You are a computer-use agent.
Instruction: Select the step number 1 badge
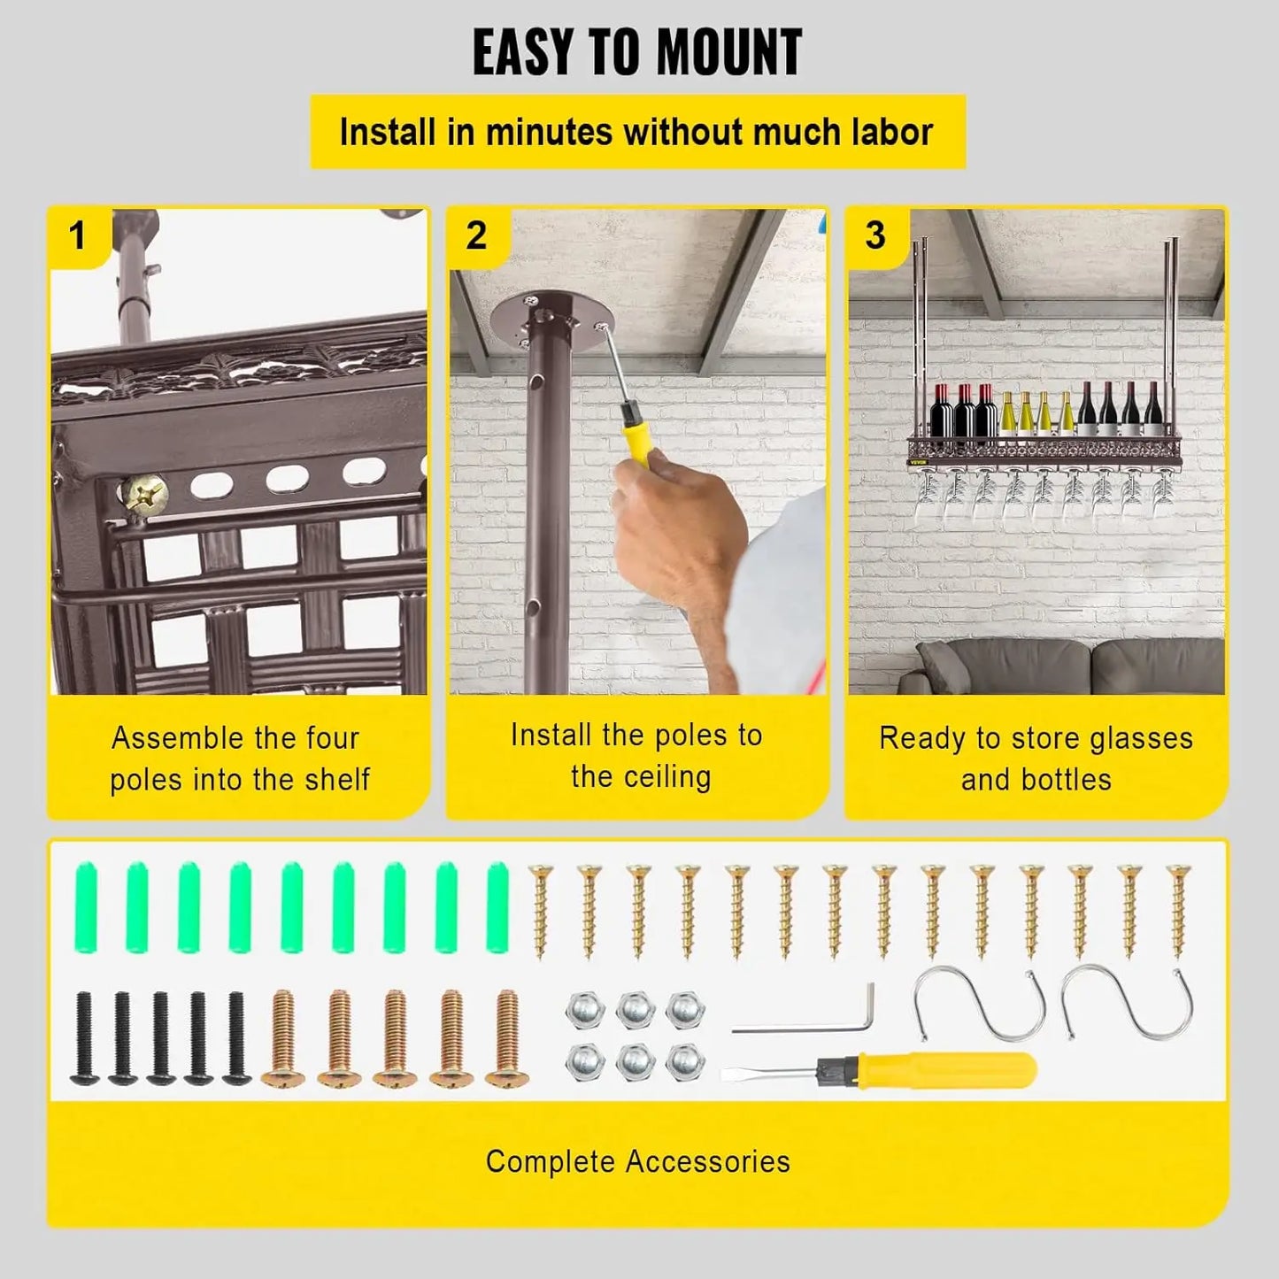(x=78, y=235)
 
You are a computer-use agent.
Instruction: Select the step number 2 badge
(x=476, y=235)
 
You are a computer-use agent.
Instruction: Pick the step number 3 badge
(x=874, y=235)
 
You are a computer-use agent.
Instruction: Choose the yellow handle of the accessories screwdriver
(x=947, y=1070)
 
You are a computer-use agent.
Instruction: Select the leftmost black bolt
(x=84, y=1039)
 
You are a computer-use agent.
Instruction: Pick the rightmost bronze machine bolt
(x=508, y=1039)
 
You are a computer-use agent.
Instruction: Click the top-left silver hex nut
(x=585, y=1011)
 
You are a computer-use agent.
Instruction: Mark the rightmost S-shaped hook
(x=1126, y=1003)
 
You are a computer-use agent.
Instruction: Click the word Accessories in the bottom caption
(x=707, y=1161)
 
